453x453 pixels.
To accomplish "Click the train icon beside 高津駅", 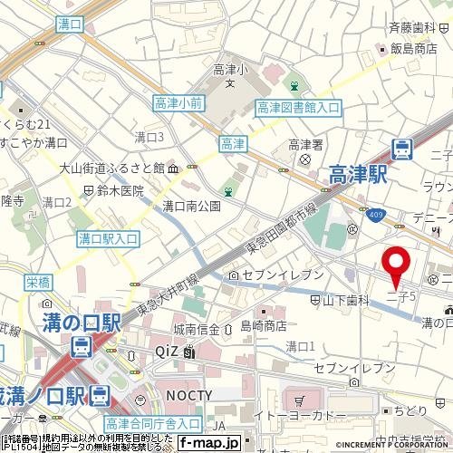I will [402, 147].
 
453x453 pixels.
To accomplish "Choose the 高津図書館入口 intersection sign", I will [298, 108].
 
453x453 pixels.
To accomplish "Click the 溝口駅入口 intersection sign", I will [108, 238].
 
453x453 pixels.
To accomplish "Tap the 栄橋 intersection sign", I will [36, 281].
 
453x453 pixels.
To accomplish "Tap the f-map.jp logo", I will [209, 442].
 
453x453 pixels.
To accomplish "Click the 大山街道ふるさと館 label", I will [130, 168].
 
